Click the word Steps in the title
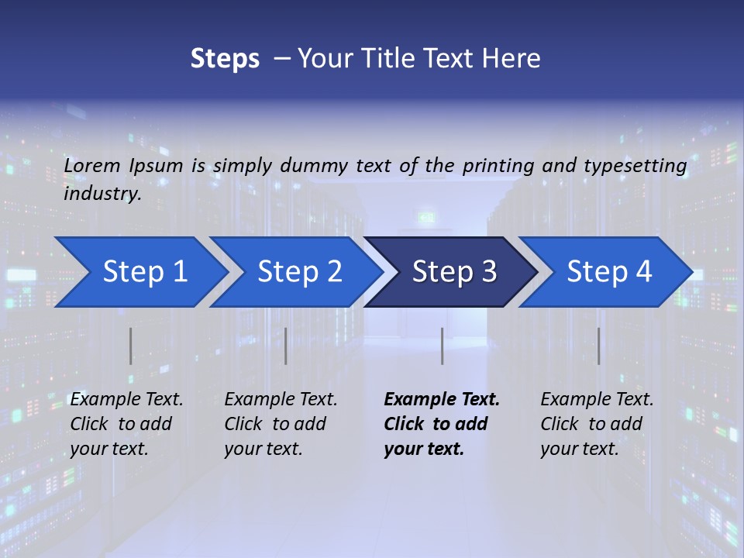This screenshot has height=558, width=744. pyautogui.click(x=225, y=58)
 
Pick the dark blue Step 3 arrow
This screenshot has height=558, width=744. pyautogui.click(x=453, y=271)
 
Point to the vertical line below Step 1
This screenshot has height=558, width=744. pyautogui.click(x=131, y=346)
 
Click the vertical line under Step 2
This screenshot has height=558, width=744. pyautogui.click(x=286, y=346)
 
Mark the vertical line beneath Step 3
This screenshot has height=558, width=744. pyautogui.click(x=442, y=346)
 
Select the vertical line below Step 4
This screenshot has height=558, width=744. pyautogui.click(x=598, y=346)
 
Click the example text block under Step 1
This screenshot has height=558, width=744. pyautogui.click(x=126, y=424)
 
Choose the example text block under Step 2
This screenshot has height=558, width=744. pyautogui.click(x=280, y=424)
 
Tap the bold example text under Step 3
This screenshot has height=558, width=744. pyautogui.click(x=441, y=424)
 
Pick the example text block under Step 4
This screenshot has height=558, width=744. pyautogui.click(x=596, y=424)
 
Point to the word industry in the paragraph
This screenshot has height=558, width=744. pyautogui.click(x=102, y=193)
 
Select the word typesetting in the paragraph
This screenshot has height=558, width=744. pyautogui.click(x=635, y=165)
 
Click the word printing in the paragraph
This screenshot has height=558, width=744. pyautogui.click(x=499, y=165)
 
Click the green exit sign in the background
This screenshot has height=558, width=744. pyautogui.click(x=427, y=218)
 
